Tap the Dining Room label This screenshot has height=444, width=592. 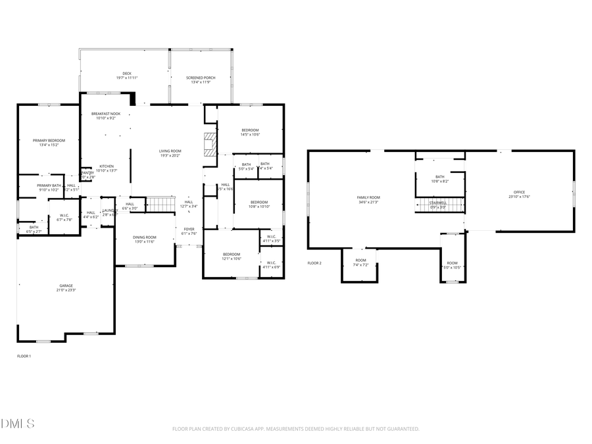pos(145,239)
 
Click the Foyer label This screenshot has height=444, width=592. pos(189,231)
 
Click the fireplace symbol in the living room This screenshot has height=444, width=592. pos(209,145)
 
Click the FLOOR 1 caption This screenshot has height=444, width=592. pos(24,356)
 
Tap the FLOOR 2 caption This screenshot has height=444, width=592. pos(314,263)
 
